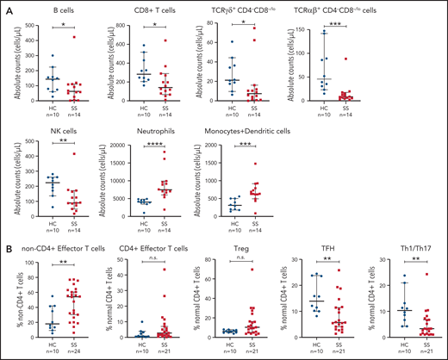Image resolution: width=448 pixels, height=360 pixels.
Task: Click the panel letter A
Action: pyautogui.click(x=7, y=7)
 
